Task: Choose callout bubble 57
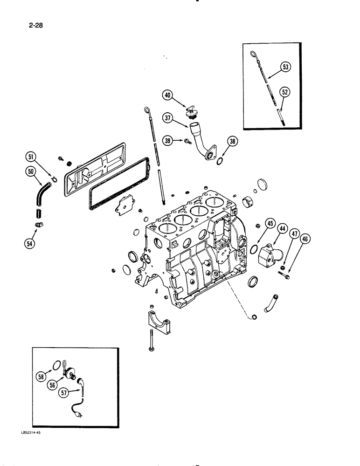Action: pos(64,392)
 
